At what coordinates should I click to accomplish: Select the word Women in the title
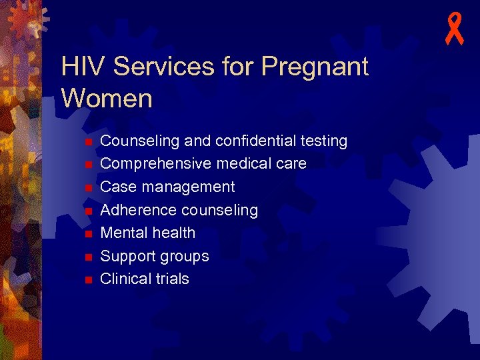click(x=107, y=98)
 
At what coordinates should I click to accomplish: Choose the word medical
click(x=239, y=163)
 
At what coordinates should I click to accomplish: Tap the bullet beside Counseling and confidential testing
click(x=87, y=142)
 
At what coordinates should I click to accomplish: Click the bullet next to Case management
click(x=87, y=188)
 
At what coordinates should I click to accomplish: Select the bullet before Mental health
click(x=87, y=234)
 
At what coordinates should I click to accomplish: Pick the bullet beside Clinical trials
click(x=87, y=280)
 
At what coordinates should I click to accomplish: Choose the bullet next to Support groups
click(x=87, y=257)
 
